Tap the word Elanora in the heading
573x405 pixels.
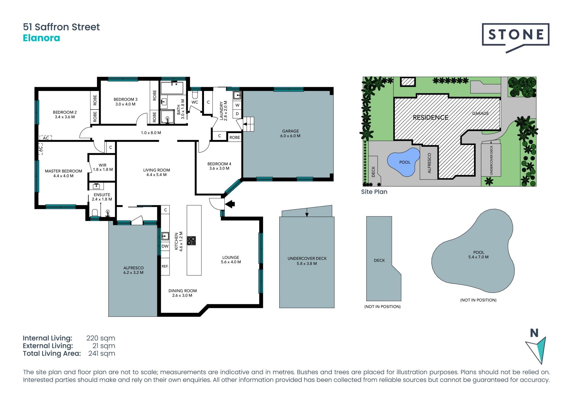pyautogui.click(x=41, y=38)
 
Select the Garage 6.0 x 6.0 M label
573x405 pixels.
pyautogui.click(x=290, y=133)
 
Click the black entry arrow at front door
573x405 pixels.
pyautogui.click(x=230, y=204)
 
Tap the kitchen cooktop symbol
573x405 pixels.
pyautogui.click(x=191, y=241)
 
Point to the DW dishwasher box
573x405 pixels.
pyautogui.click(x=165, y=246)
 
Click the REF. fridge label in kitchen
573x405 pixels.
pyautogui.click(x=165, y=266)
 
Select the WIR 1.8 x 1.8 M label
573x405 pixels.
pyautogui.click(x=103, y=167)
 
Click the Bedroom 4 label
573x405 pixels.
pyautogui.click(x=219, y=166)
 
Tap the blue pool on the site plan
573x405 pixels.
pyautogui.click(x=403, y=162)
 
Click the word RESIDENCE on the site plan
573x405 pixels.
pyautogui.click(x=431, y=118)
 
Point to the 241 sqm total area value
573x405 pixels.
pyautogui.click(x=102, y=353)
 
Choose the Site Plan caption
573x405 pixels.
pyautogui.click(x=374, y=192)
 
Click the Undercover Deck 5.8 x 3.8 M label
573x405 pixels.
pyautogui.click(x=307, y=261)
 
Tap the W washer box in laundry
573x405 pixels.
pyautogui.click(x=237, y=105)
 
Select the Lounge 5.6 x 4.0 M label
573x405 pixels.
pyautogui.click(x=231, y=260)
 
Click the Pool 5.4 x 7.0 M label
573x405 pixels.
pyautogui.click(x=478, y=255)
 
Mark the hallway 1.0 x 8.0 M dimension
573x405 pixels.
pyautogui.click(x=151, y=133)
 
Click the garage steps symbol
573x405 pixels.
pyautogui.click(x=248, y=124)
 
